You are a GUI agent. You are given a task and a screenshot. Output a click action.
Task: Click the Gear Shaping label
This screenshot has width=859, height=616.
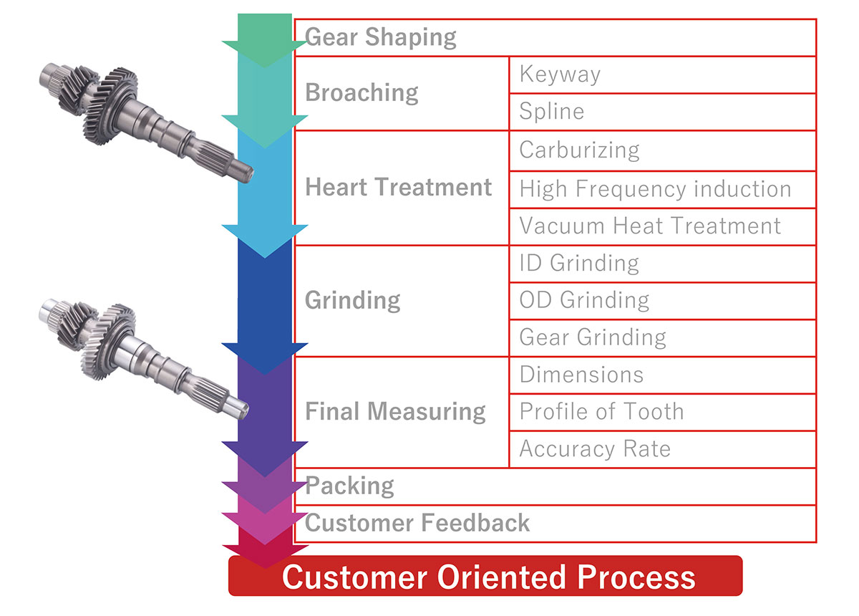pyautogui.click(x=380, y=37)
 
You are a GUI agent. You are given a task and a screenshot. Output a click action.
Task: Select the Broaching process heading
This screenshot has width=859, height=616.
pyautogui.click(x=361, y=92)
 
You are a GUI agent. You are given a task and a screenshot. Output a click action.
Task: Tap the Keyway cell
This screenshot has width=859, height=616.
pyautogui.click(x=560, y=74)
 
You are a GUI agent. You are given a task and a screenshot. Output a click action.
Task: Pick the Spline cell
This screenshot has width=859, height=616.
pyautogui.click(x=551, y=111)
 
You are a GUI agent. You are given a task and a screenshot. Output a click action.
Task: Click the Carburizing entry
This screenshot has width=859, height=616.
pyautogui.click(x=579, y=150)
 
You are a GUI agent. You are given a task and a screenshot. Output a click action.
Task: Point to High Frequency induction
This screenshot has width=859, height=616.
pyautogui.click(x=655, y=189)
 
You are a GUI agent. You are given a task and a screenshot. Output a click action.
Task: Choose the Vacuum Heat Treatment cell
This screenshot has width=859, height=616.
pyautogui.click(x=650, y=226)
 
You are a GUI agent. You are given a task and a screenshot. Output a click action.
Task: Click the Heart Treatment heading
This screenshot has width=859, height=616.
pyautogui.click(x=399, y=187)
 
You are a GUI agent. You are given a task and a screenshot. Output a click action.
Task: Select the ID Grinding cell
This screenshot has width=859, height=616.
pyautogui.click(x=579, y=263)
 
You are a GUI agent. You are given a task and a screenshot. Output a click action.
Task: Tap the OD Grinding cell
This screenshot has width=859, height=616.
pyautogui.click(x=584, y=300)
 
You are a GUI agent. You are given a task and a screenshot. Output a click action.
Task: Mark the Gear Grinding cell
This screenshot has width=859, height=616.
pyautogui.click(x=593, y=337)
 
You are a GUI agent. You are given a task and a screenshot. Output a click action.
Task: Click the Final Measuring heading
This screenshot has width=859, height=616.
pyautogui.click(x=395, y=411)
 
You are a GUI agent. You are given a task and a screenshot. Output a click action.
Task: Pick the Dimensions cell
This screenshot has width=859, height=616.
pyautogui.click(x=581, y=375)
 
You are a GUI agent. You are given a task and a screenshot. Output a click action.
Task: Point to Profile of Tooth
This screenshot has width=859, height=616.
pyautogui.click(x=601, y=412)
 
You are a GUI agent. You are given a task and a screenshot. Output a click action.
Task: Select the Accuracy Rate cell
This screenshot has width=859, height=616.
pyautogui.click(x=595, y=449)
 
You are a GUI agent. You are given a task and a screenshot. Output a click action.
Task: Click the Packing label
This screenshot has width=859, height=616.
pyautogui.click(x=349, y=486)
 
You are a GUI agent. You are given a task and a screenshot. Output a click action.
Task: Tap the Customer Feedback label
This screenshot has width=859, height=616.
pyautogui.click(x=417, y=523)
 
